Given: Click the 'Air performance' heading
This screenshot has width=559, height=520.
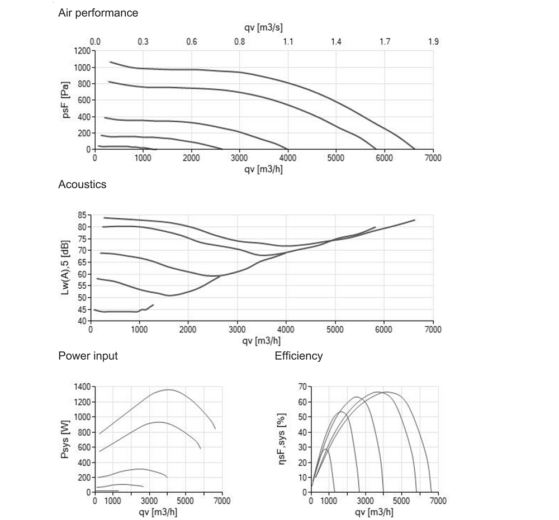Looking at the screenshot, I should pyautogui.click(x=98, y=13).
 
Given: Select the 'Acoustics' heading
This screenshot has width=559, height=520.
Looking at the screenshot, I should pyautogui.click(x=82, y=184).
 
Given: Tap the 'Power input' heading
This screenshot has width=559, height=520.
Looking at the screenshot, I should pyautogui.click(x=88, y=356).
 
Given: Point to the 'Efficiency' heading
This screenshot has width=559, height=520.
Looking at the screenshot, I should pyautogui.click(x=299, y=356).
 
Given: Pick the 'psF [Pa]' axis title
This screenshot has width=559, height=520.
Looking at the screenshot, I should pyautogui.click(x=66, y=101).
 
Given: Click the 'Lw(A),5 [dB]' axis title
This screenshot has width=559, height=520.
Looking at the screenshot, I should pyautogui.click(x=66, y=268).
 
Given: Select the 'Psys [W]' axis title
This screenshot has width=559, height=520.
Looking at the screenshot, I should pyautogui.click(x=66, y=438).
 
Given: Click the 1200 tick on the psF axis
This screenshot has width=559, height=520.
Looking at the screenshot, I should pyautogui.click(x=81, y=51).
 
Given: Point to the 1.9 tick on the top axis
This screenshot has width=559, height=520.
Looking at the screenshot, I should pyautogui.click(x=433, y=42).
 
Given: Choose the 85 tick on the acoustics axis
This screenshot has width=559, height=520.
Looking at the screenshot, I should pyautogui.click(x=82, y=215).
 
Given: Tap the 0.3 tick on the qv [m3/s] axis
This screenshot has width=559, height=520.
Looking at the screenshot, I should pyautogui.click(x=143, y=42).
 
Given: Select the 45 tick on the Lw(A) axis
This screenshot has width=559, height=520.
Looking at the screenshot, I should pyautogui.click(x=82, y=309).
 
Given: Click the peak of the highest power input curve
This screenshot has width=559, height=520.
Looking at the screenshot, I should pyautogui.click(x=169, y=390).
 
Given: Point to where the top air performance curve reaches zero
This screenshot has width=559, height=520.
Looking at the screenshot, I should pyautogui.click(x=415, y=149).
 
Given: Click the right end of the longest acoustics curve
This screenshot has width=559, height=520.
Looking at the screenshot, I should pyautogui.click(x=415, y=220).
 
